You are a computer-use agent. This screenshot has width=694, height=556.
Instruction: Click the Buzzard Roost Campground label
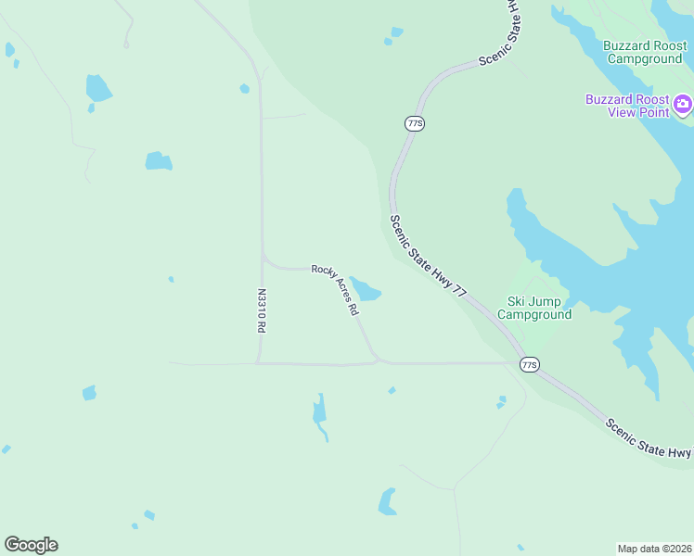(643, 52)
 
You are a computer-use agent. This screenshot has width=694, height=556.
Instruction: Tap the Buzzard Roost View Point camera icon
(684, 103)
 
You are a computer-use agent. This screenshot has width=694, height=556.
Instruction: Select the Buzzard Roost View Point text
(626, 106)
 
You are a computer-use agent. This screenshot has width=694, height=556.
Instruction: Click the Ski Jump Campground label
(534, 308)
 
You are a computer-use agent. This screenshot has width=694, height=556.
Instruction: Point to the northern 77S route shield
(415, 123)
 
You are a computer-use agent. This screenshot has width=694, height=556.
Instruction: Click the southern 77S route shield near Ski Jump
(529, 364)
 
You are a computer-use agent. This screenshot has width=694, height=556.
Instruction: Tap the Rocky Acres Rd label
(335, 290)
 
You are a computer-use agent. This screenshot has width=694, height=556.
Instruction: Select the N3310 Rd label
(262, 310)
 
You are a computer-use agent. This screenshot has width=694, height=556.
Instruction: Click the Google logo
(31, 545)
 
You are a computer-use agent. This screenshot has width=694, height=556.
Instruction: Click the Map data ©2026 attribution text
(655, 548)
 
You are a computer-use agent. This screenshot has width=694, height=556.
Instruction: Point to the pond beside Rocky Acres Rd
(366, 291)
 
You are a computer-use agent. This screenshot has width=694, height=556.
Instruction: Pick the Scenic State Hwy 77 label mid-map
(428, 257)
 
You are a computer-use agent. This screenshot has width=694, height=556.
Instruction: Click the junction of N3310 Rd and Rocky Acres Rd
(264, 261)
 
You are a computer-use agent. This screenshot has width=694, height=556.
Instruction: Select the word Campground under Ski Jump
(534, 314)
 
